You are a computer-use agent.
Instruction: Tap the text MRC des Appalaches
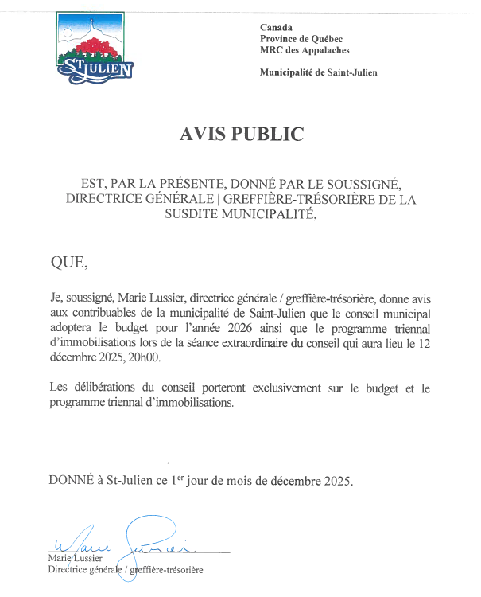pyautogui.click(x=305, y=50)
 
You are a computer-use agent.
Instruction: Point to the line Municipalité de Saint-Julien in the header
pyautogui.click(x=318, y=73)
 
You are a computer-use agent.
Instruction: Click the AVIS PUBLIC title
pyautogui.click(x=242, y=134)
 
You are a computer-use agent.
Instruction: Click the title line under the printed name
pyautogui.click(x=126, y=570)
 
